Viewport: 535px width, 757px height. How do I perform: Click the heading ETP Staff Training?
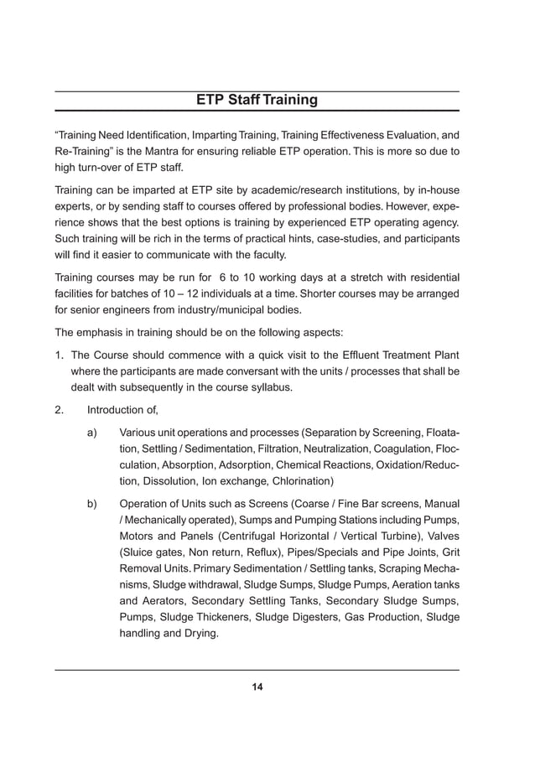point(257,101)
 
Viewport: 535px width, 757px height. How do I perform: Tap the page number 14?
point(257,687)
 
